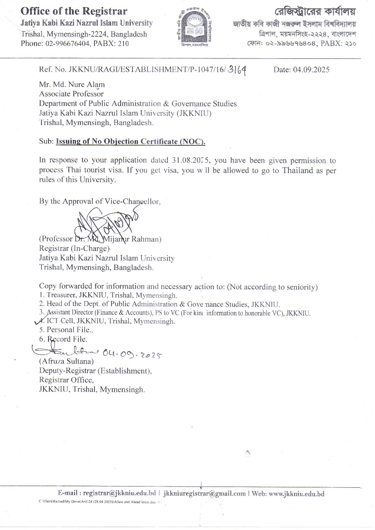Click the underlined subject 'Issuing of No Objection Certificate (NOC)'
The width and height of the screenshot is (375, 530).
click(x=131, y=142)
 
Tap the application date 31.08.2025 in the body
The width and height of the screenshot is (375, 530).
click(x=190, y=160)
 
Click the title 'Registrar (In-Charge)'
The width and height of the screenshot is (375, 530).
click(x=74, y=248)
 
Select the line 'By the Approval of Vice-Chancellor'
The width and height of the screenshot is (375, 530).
click(x=99, y=201)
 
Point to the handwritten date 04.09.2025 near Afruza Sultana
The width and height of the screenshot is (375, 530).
click(x=131, y=353)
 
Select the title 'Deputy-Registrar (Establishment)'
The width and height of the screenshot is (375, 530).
click(x=95, y=371)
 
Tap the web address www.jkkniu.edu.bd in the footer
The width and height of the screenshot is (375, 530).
click(x=297, y=494)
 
